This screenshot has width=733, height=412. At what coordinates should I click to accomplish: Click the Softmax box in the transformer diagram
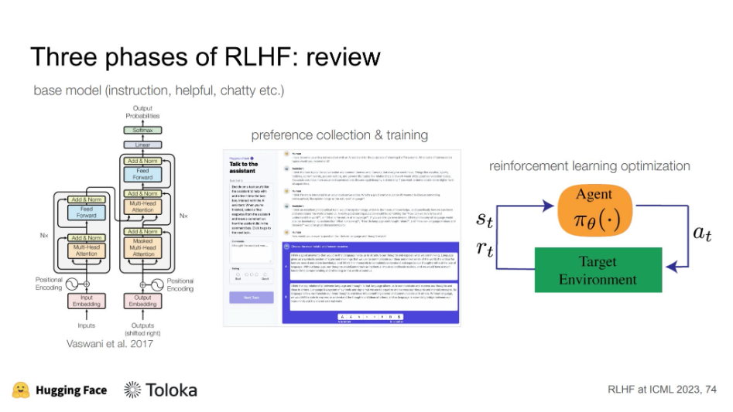click(142, 131)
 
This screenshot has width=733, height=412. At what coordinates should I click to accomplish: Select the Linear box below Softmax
click(142, 145)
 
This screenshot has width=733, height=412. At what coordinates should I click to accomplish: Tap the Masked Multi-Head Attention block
click(142, 248)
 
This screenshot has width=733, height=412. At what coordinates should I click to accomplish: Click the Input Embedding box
click(87, 301)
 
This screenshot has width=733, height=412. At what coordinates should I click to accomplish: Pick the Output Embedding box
click(142, 301)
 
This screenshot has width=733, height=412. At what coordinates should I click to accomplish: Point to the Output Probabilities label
click(142, 112)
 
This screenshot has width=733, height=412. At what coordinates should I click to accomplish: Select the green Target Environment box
click(598, 270)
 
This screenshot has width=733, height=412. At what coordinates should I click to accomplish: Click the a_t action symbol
click(701, 234)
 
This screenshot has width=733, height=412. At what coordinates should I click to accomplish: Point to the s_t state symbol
click(484, 220)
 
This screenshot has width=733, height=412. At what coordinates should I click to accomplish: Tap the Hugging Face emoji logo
click(21, 390)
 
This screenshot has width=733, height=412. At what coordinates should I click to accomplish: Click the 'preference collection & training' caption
click(340, 135)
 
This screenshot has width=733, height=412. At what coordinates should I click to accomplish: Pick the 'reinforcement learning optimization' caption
click(590, 165)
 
